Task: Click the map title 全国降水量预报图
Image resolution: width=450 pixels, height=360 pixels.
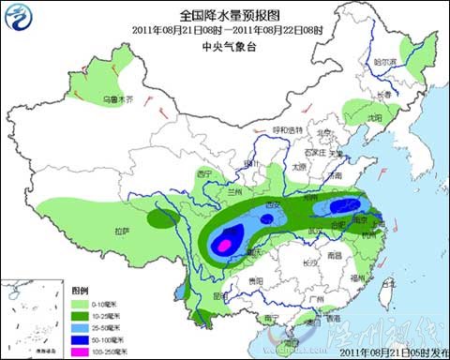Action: pos(229,16)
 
